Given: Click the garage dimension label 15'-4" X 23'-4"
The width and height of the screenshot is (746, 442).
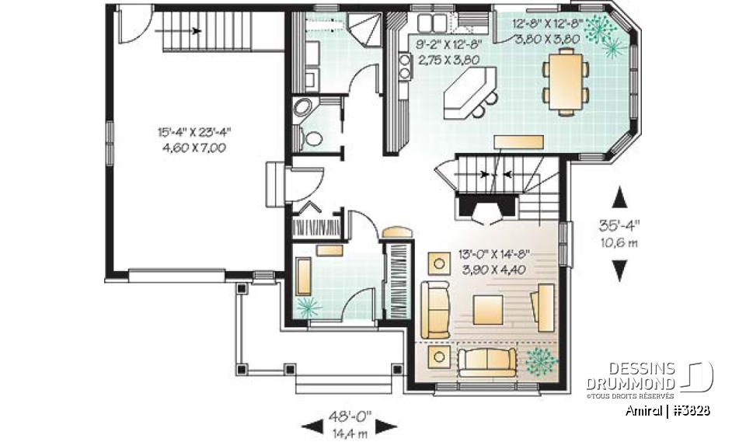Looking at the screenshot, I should click(x=190, y=133).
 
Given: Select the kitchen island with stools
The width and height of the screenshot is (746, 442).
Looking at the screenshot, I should click(x=471, y=92).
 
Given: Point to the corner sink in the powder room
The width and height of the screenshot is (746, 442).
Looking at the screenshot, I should click(x=302, y=108).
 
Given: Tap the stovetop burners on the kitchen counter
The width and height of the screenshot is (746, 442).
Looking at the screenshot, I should click(x=404, y=65).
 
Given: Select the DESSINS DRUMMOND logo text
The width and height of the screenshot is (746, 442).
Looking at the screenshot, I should click(x=631, y=377).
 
